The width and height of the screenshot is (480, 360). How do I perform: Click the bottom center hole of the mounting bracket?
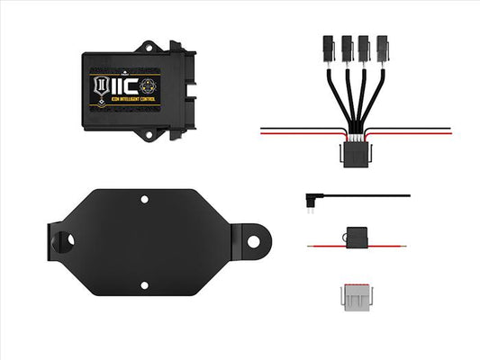[143, 285]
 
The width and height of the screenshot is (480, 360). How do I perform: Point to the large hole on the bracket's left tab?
[66, 240]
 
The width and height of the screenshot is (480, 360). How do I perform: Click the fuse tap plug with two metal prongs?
[310, 197]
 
